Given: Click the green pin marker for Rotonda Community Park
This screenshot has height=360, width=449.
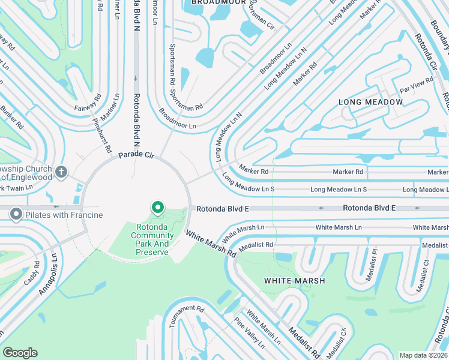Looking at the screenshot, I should (x=158, y=208).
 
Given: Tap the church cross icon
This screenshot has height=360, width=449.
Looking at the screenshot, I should (x=61, y=173).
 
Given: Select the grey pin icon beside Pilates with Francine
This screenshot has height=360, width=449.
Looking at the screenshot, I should (x=16, y=214).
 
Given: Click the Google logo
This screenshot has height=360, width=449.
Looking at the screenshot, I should (x=20, y=353).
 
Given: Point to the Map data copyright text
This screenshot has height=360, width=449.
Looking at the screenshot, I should (x=424, y=355).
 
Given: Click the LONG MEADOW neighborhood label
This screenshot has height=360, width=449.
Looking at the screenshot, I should (x=370, y=102).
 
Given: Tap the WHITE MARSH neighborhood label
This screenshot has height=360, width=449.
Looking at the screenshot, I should (x=294, y=280).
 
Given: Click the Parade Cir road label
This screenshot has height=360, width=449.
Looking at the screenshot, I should (x=136, y=155).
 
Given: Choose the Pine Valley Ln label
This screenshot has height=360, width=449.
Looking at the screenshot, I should (x=250, y=333).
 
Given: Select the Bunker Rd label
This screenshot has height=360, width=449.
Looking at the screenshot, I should (x=11, y=118).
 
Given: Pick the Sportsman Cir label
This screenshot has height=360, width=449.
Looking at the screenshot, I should (x=262, y=18).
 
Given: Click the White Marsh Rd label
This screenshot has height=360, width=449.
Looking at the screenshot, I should (x=210, y=244).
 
